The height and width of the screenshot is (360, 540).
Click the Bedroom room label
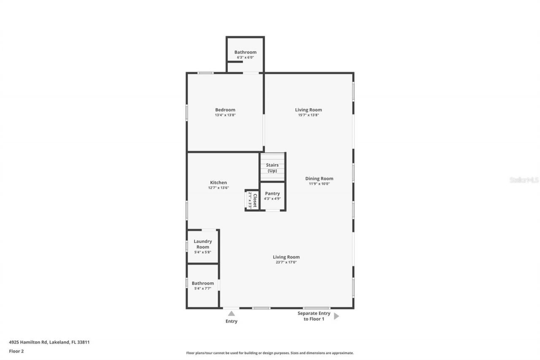tap(225, 110)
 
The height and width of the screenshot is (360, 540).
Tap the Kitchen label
tap(218, 183)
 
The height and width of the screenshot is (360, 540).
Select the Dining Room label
tap(319, 179)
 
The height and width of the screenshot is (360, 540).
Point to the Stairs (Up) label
tap(272, 168)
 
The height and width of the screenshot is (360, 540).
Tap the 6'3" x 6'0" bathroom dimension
tap(245, 57)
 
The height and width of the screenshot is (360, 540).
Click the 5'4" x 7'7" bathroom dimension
tap(202, 289)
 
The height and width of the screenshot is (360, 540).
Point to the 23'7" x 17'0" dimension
tap(286, 262)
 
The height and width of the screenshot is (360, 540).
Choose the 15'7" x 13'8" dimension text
tap(308, 115)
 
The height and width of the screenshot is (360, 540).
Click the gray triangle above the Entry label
tap(231, 313)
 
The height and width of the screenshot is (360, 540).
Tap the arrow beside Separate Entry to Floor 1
tap(336, 316)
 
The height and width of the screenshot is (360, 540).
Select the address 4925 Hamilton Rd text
tap(49, 342)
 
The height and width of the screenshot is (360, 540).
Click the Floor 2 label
tap(16, 351)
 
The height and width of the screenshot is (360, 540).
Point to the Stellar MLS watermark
tap(524, 180)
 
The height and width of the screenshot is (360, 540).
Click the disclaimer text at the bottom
tap(270, 353)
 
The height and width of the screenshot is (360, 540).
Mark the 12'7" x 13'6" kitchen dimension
tap(218, 188)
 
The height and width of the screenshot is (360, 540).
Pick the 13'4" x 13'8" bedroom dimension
tap(225, 115)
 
